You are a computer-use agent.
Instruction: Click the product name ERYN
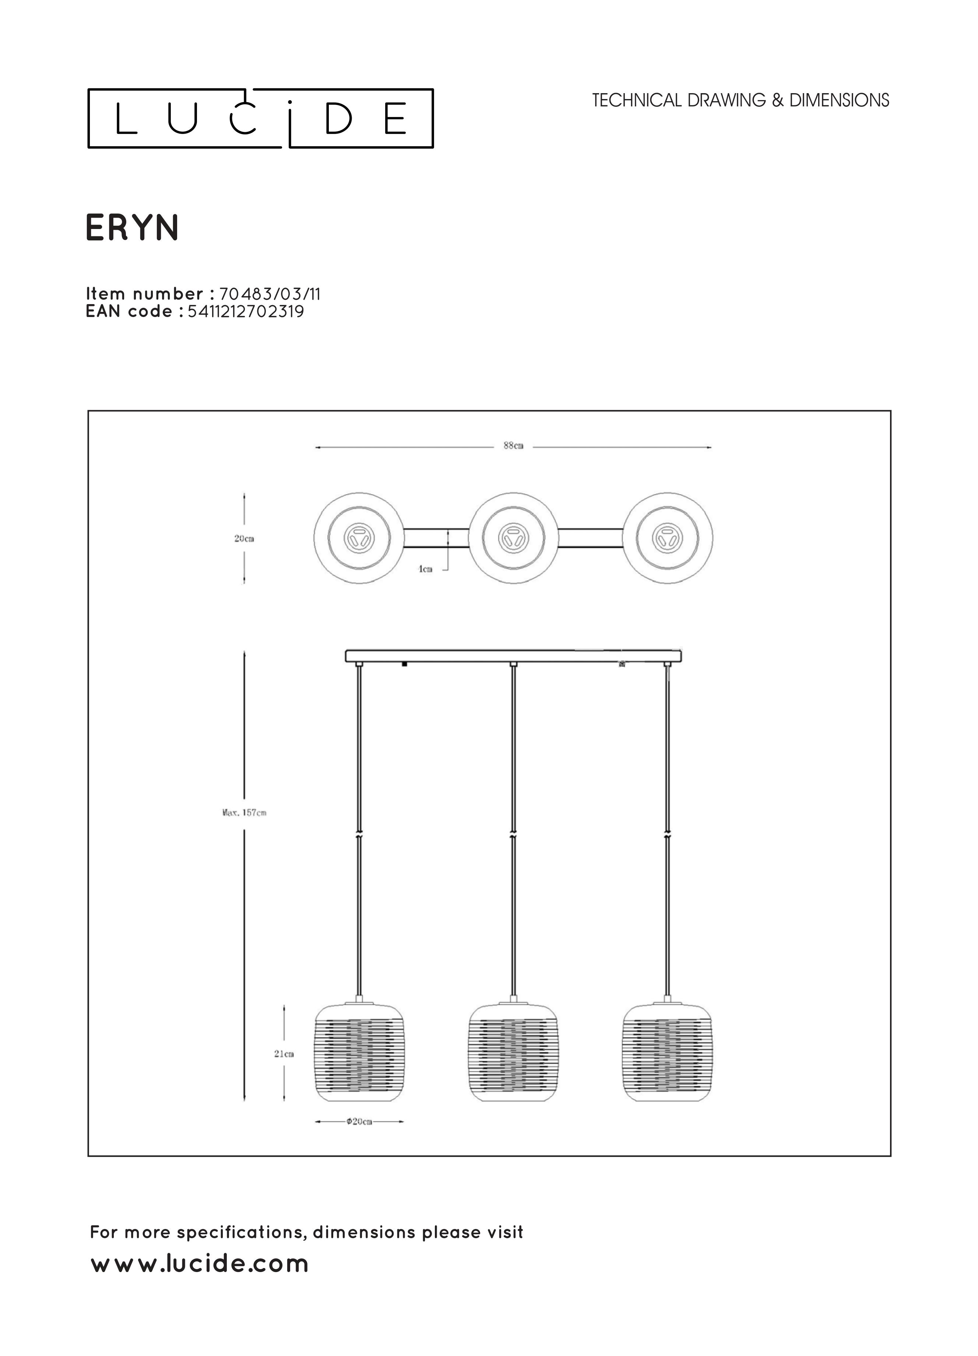pos(132,228)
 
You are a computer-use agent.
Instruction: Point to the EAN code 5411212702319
pos(246,311)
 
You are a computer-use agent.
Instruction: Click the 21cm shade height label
pos(284,1054)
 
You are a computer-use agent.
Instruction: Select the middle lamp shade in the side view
pos(513,1053)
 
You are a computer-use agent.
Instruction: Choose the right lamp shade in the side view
pos(667,1053)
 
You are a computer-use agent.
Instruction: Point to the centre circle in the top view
pos(513,538)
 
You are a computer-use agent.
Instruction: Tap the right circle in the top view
pos(667,538)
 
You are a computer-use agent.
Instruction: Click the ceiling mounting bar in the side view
pos(513,656)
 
